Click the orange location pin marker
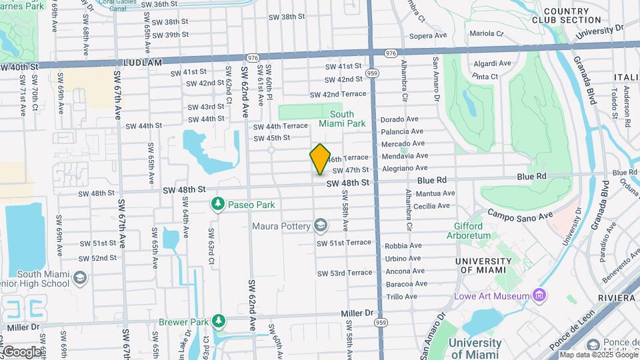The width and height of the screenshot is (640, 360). (320, 159)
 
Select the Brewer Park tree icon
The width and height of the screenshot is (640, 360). (219, 321)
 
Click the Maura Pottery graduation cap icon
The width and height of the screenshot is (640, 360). (321, 226)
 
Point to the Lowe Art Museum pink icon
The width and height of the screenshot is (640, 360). (539, 295)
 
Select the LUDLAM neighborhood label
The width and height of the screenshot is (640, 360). (143, 62)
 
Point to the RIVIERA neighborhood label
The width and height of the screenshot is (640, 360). (617, 297)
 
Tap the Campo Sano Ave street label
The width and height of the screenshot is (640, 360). (521, 214)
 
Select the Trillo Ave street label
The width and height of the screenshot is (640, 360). (401, 297)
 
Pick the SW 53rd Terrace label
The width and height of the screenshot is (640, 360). (344, 273)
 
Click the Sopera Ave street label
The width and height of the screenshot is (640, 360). (427, 35)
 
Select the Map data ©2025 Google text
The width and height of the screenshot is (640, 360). (598, 355)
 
